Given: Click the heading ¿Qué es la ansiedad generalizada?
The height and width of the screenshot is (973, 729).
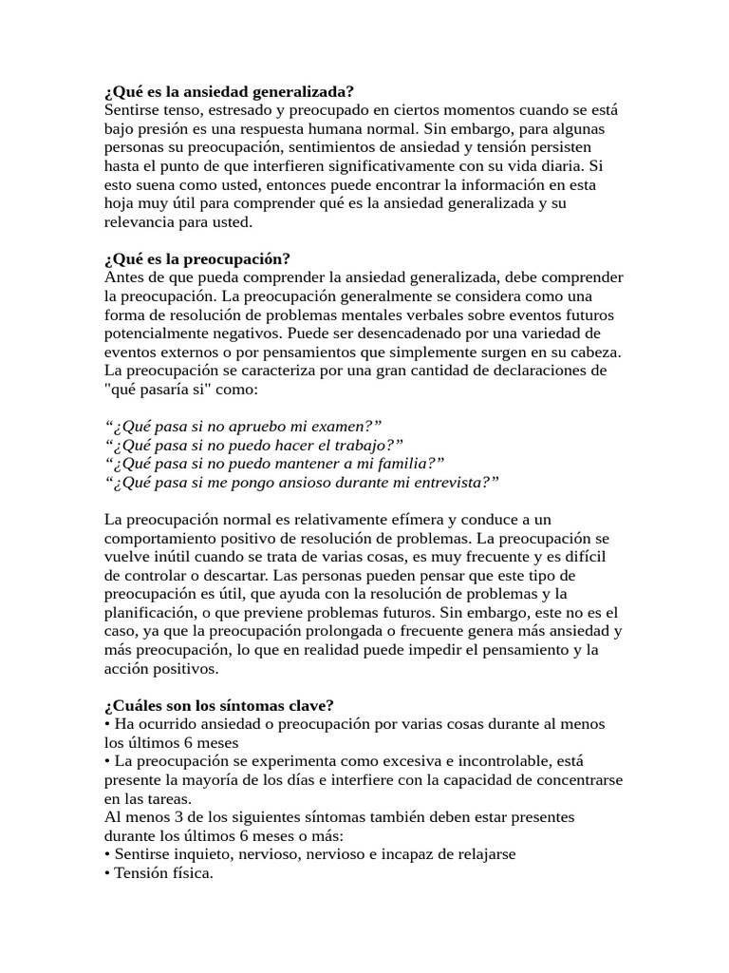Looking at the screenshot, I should pos(229,92).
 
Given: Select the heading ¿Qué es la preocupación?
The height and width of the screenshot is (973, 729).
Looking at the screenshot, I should pos(197,259).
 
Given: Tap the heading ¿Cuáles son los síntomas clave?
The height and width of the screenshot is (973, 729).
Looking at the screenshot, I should pos(218,705).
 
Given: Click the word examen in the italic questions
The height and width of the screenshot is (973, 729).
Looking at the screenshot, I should pos(341,427).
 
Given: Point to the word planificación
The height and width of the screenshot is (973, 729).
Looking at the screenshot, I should pos(152,613).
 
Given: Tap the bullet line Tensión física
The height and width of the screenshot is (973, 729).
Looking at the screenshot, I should pos(159,872).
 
